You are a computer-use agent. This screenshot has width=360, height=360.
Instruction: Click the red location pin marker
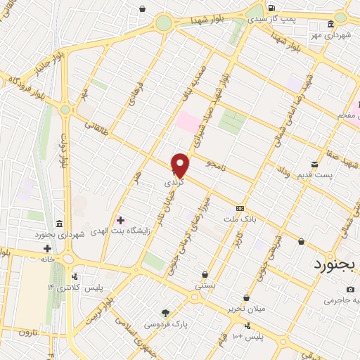pyautogui.click(x=181, y=165)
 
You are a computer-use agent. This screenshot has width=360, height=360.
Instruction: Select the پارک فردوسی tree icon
pyautogui.click(x=166, y=313)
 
